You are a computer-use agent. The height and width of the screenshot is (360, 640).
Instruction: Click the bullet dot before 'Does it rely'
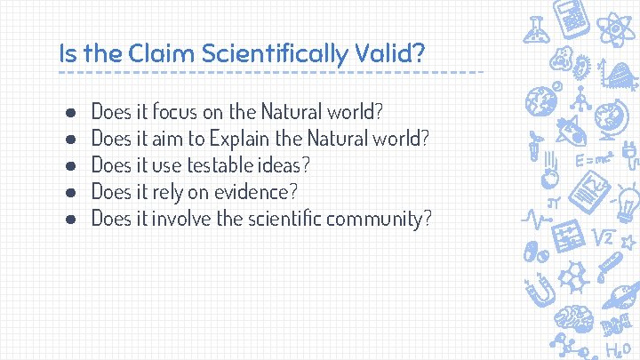[x=69, y=192]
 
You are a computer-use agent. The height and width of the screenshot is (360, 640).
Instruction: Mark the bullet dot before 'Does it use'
[x=69, y=165]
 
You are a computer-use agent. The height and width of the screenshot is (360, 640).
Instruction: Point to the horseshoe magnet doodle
[x=539, y=290]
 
